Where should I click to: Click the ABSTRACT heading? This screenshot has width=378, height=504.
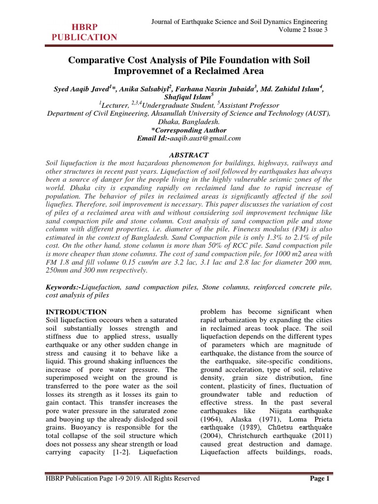tap(189, 155)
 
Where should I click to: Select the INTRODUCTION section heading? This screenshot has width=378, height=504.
tap(76, 312)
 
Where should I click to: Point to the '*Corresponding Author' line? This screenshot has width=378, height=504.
tap(189, 130)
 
